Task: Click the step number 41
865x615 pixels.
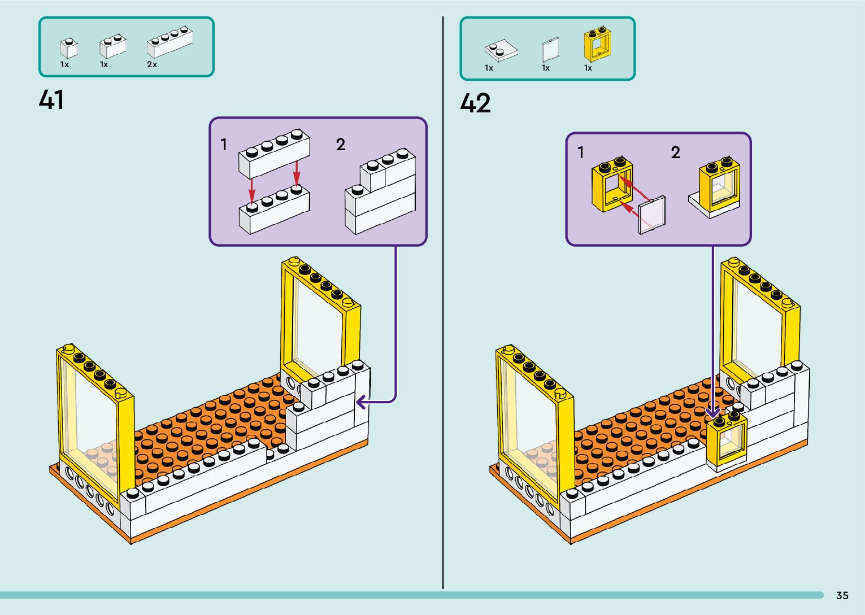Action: pyautogui.click(x=51, y=100)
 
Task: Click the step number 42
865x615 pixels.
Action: pyautogui.click(x=475, y=103)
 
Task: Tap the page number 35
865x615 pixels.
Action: pyautogui.click(x=842, y=595)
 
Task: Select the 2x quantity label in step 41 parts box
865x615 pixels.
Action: pyautogui.click(x=152, y=64)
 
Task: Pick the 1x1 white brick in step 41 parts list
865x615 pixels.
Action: pyautogui.click(x=69, y=47)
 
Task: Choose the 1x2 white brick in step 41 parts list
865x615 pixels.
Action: pyautogui.click(x=112, y=45)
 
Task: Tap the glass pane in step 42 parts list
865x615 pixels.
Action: pyautogui.click(x=550, y=50)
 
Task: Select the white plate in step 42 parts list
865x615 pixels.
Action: pyautogui.click(x=501, y=50)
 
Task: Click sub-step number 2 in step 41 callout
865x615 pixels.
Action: pyautogui.click(x=340, y=145)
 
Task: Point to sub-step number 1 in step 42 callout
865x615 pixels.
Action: pyautogui.click(x=580, y=152)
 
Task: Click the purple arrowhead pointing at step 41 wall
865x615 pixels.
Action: pyautogui.click(x=360, y=402)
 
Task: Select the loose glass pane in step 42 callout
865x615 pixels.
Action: pyautogui.click(x=651, y=215)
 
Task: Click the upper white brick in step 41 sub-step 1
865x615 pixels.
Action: pyautogui.click(x=274, y=152)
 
